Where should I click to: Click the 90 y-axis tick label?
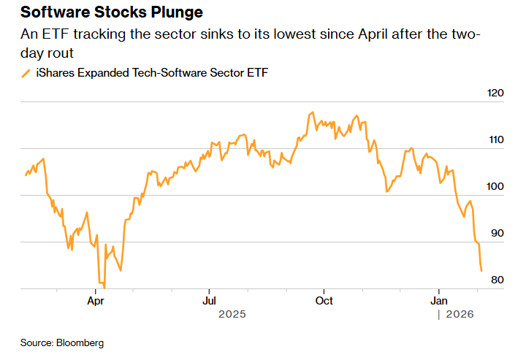coord(498,233)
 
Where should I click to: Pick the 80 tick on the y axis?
coord(498,280)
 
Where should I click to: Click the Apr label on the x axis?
coord(95,300)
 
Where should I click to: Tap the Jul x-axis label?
coord(209,300)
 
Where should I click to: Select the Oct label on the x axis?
coord(324,300)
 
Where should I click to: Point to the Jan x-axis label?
coord(439,300)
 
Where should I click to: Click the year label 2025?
coord(232,314)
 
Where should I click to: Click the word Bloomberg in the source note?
coord(81,342)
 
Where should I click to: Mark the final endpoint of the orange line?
coord(481,271)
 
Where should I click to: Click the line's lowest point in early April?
coord(104,287)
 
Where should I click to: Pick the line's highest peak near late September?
coord(313,112)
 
